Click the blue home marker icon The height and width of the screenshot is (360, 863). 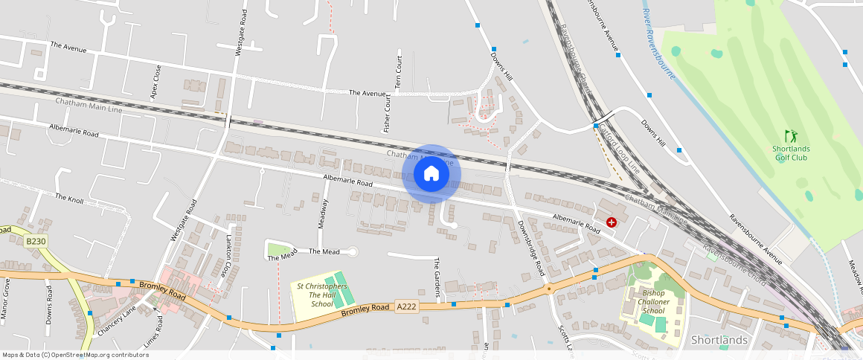431,174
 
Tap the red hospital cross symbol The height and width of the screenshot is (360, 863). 612,222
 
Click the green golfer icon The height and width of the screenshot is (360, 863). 790,137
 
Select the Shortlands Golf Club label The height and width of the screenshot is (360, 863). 790,152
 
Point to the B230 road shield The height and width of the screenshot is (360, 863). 35,241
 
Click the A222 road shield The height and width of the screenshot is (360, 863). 406,306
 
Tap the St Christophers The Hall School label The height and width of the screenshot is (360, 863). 322,295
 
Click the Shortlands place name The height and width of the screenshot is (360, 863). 719,340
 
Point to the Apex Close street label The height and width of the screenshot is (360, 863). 155,82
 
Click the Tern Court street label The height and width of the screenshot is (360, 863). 399,73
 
